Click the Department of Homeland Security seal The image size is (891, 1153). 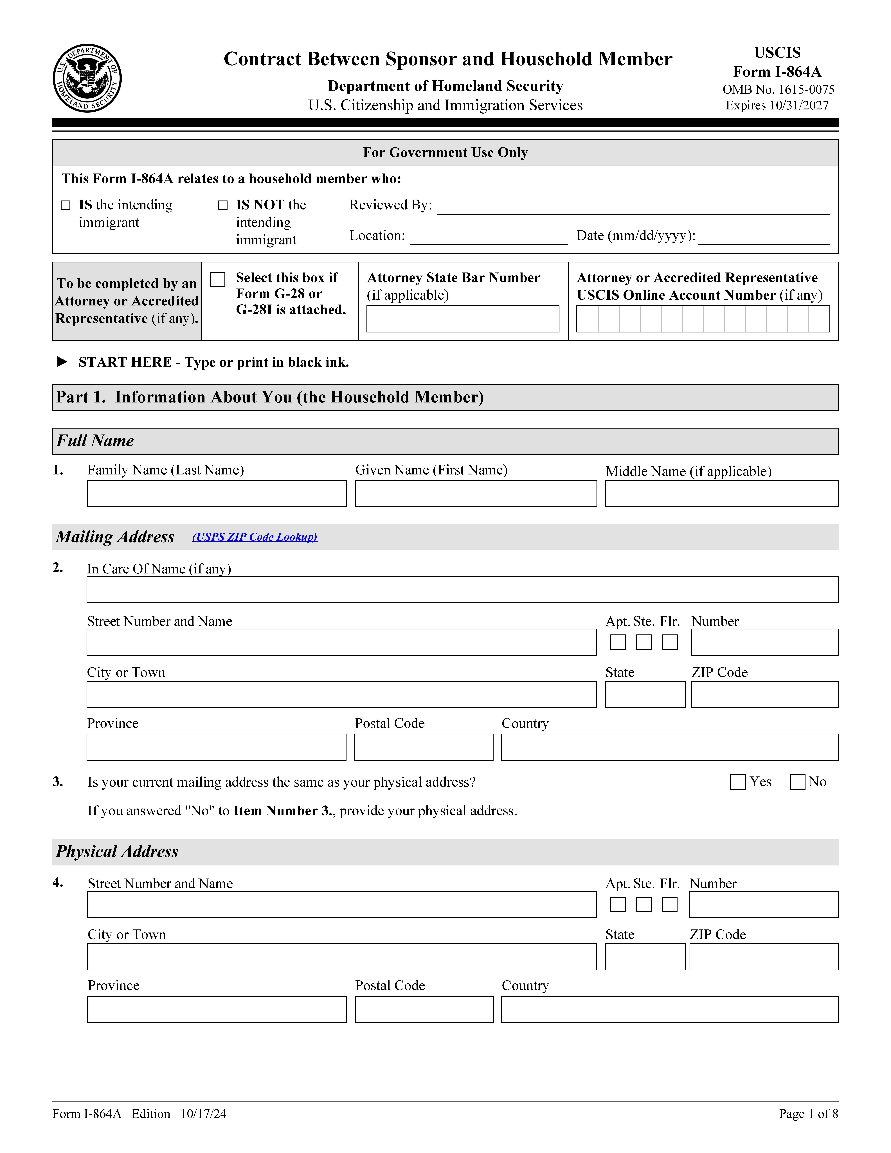(87, 78)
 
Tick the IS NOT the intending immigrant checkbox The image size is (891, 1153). (223, 205)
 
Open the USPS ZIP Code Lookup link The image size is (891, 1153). (254, 537)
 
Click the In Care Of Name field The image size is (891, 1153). (462, 590)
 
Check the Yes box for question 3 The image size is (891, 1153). (737, 782)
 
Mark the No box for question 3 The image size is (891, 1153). (797, 782)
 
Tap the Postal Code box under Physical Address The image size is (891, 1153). (424, 1009)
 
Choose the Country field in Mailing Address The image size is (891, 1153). (669, 747)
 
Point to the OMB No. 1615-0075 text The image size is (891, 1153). (778, 90)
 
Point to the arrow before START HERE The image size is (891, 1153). (62, 362)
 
